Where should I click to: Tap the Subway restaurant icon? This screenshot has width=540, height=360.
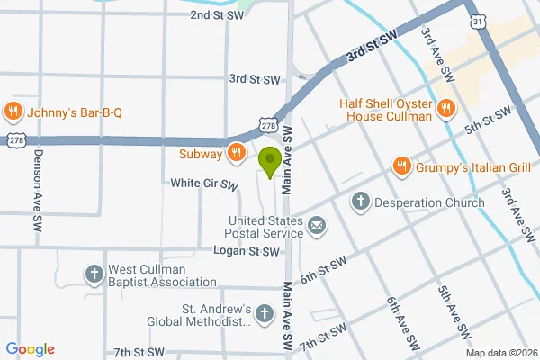pyautogui.click(x=235, y=153)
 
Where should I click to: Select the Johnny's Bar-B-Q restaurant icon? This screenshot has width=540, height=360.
pyautogui.click(x=13, y=112)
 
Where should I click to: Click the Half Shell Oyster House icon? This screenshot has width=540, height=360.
pyautogui.click(x=445, y=110)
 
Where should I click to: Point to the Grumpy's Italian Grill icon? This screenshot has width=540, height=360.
pyautogui.click(x=400, y=166)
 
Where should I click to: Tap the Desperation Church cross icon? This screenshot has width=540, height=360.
pyautogui.click(x=360, y=202)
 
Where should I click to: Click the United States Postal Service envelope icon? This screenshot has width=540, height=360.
pyautogui.click(x=317, y=226)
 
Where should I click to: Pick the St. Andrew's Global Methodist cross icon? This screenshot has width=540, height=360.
pyautogui.click(x=264, y=314)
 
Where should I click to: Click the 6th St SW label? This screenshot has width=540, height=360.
pyautogui.click(x=324, y=272)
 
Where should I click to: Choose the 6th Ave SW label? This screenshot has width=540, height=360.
pyautogui.click(x=403, y=323)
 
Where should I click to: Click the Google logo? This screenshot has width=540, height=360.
pyautogui.click(x=30, y=349)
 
